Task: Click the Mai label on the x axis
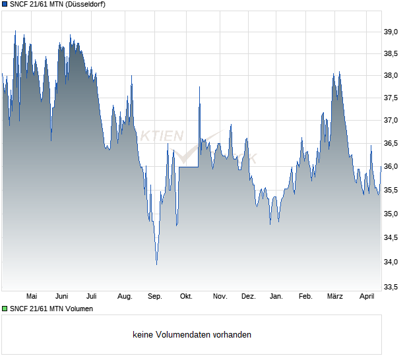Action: (31, 297)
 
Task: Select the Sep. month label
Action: (155, 297)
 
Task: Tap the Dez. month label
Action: (248, 297)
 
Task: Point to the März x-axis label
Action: (335, 297)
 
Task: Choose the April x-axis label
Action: (367, 297)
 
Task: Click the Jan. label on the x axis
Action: (276, 297)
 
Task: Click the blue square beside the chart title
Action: (5, 4)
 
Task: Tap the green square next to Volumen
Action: (5, 309)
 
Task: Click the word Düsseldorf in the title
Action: (84, 4)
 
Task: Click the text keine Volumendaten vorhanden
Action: (192, 335)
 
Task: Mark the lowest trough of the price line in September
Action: (156, 264)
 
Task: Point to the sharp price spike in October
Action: (199, 87)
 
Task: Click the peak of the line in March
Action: (339, 73)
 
